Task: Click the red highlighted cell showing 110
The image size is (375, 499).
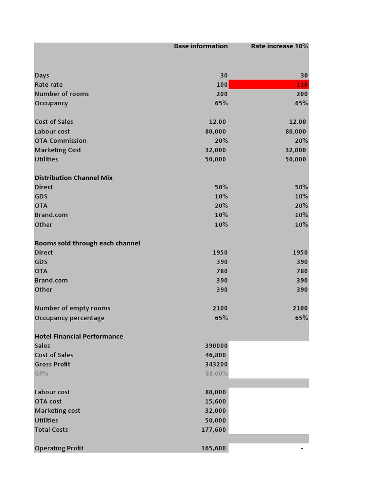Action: click(268, 85)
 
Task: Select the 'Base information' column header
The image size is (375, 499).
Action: click(201, 46)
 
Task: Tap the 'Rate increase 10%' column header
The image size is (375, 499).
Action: click(279, 46)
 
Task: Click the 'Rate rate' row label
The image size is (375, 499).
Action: click(48, 85)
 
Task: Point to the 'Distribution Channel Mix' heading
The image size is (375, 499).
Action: click(73, 178)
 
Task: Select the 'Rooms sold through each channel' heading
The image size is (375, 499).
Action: click(87, 243)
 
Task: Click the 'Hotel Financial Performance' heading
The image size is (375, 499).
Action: click(79, 337)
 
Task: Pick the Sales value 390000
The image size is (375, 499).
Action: click(216, 346)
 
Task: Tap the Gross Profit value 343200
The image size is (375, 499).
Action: click(216, 365)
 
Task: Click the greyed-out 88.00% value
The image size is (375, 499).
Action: click(216, 374)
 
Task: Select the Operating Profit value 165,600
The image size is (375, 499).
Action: click(213, 448)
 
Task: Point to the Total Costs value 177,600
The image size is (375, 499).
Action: click(213, 430)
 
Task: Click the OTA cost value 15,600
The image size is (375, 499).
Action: click(215, 402)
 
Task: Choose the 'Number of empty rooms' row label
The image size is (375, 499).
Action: click(72, 308)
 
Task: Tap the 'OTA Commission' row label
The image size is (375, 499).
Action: click(60, 141)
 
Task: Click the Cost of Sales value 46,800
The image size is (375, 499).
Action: click(215, 355)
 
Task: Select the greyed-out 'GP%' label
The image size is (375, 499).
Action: click(42, 374)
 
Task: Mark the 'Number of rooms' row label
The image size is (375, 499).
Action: click(62, 94)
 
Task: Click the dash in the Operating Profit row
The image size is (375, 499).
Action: click(302, 448)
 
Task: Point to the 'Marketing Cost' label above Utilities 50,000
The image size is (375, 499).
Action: click(58, 150)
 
